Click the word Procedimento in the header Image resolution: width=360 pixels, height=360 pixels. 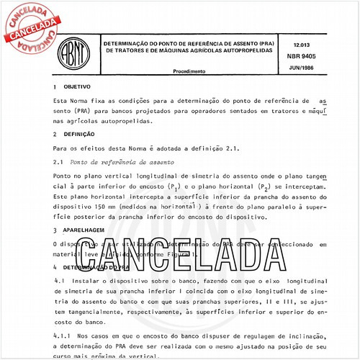(189, 71)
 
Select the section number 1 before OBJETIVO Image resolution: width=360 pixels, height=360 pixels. (55, 86)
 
